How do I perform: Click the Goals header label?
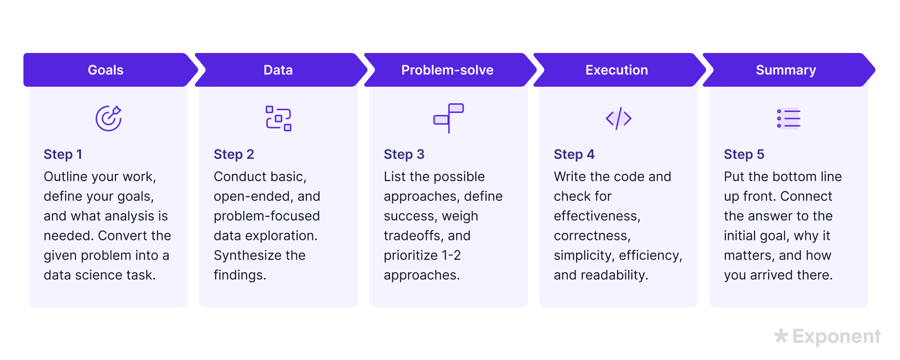pyautogui.click(x=105, y=70)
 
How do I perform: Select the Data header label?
pyautogui.click(x=278, y=70)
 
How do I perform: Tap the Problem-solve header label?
pyautogui.click(x=447, y=70)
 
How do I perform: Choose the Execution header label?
pyautogui.click(x=616, y=70)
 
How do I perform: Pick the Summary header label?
pyautogui.click(x=786, y=70)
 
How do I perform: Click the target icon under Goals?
pyautogui.click(x=109, y=118)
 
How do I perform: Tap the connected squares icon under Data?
pyautogui.click(x=278, y=118)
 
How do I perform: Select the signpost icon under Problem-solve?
pyautogui.click(x=449, y=118)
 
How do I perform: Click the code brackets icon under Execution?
pyautogui.click(x=618, y=118)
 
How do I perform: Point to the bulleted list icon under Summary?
pyautogui.click(x=788, y=118)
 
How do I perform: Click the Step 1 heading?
pyautogui.click(x=63, y=154)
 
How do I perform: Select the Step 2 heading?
pyautogui.click(x=233, y=154)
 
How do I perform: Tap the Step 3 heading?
pyautogui.click(x=404, y=154)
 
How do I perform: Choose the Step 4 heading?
pyautogui.click(x=574, y=154)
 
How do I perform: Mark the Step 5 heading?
pyautogui.click(x=744, y=154)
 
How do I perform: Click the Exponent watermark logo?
pyautogui.click(x=827, y=336)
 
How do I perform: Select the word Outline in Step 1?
pyautogui.click(x=66, y=177)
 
